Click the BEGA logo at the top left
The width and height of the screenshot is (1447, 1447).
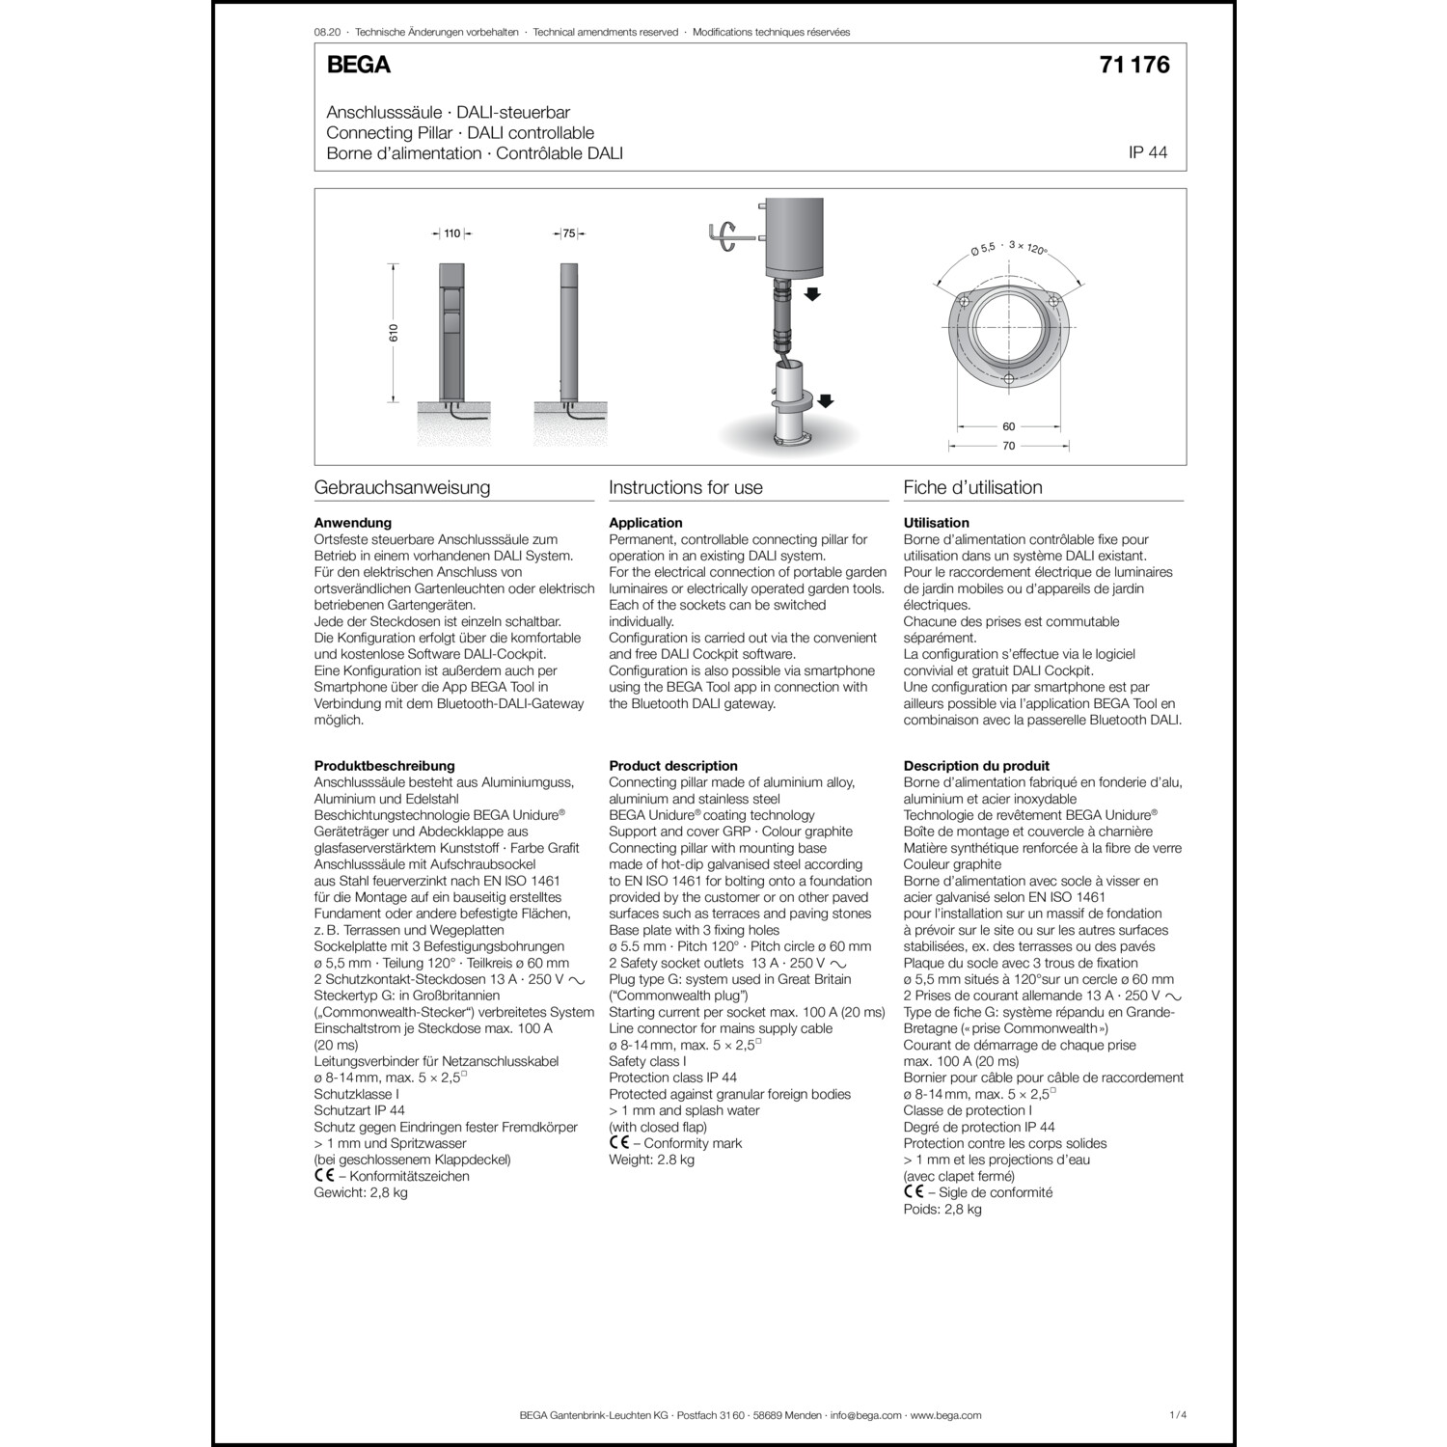[x=358, y=66]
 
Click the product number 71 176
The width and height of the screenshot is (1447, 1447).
[x=1133, y=65]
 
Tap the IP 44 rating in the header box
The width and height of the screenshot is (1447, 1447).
[x=1147, y=153]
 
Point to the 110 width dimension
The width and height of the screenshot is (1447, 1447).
[x=452, y=233]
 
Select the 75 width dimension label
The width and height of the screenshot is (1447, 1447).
[x=569, y=233]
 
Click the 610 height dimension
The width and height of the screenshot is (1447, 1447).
[x=394, y=333]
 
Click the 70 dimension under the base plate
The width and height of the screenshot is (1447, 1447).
[x=1009, y=446]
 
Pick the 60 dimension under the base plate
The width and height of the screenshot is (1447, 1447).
[x=1009, y=426]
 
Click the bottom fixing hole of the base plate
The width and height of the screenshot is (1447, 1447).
[x=1009, y=379]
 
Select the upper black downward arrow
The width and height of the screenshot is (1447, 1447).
[x=812, y=293]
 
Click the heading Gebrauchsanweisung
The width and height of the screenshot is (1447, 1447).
[x=402, y=487]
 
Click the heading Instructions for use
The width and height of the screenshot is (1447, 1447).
[x=685, y=487]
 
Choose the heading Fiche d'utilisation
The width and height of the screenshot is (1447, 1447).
[x=972, y=487]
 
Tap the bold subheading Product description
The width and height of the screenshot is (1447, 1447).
[x=672, y=766]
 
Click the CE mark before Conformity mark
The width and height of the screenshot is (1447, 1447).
[x=618, y=1143]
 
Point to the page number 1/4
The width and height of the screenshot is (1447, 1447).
[x=1177, y=1415]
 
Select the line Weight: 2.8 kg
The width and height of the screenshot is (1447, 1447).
[x=651, y=1160]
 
